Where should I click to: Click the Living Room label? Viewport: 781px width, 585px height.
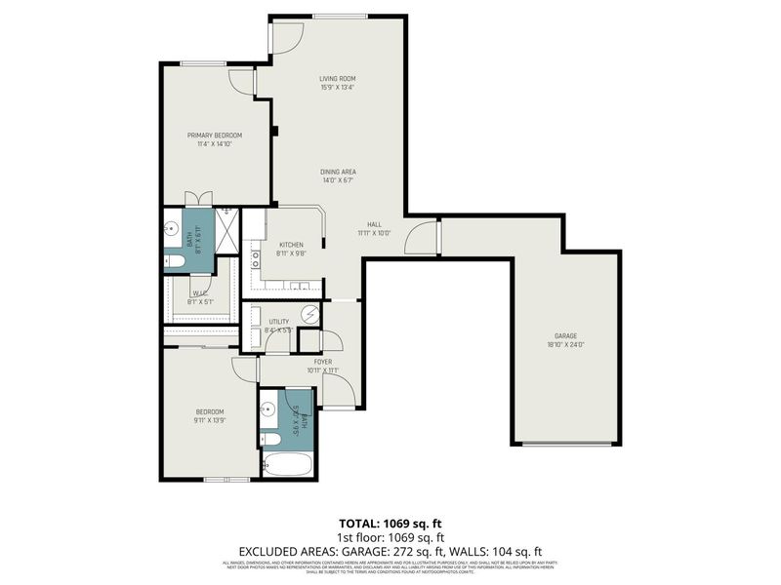click(x=337, y=78)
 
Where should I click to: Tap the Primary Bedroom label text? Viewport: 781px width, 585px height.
click(x=215, y=136)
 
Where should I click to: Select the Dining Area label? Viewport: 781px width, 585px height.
click(x=337, y=172)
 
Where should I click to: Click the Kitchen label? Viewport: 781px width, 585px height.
click(x=291, y=244)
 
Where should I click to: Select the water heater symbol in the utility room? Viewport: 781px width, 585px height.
click(x=309, y=314)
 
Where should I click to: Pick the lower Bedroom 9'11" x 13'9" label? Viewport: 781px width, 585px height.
click(x=210, y=416)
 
